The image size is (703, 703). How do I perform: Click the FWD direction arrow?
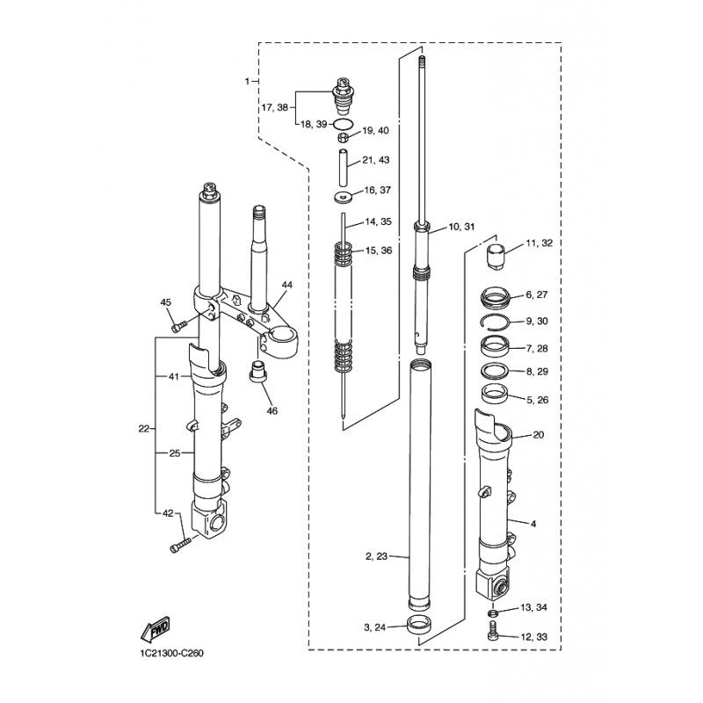[x=156, y=628]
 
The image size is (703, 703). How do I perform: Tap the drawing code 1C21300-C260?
[x=171, y=653]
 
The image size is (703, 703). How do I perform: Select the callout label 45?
[x=166, y=302]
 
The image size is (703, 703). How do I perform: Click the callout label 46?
[x=272, y=410]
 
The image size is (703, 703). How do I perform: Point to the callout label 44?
[x=287, y=285]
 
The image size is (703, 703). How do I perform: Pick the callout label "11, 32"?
[x=540, y=243]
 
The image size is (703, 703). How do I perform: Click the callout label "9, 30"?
[x=537, y=321]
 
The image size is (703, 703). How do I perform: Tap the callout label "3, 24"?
[x=375, y=627]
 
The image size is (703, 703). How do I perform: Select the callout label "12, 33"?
[x=534, y=637]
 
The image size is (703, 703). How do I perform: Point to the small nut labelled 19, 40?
[x=343, y=138]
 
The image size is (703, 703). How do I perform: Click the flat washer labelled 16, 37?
[x=343, y=196]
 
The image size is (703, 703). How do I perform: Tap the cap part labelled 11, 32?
[x=496, y=257]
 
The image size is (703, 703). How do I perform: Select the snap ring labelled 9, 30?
[x=495, y=323]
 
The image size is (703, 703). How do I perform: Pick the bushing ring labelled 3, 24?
[x=418, y=625]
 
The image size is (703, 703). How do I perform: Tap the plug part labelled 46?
[x=257, y=371]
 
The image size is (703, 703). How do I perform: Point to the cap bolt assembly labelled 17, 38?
[x=343, y=96]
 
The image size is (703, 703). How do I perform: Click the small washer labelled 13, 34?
[x=492, y=612]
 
